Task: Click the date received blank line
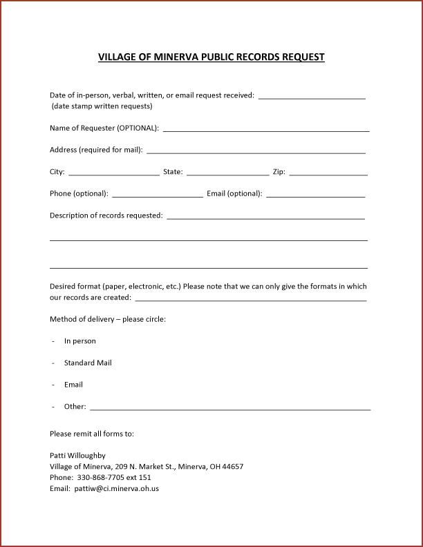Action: coord(312,98)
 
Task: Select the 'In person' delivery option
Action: coord(80,341)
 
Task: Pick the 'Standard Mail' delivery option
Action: coord(88,363)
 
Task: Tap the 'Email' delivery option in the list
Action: coord(73,385)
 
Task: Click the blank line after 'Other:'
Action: coord(230,409)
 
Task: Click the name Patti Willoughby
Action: coord(78,456)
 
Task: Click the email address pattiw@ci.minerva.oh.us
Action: coord(117,489)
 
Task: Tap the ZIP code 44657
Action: coord(232,467)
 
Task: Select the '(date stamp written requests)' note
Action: coord(102,106)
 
